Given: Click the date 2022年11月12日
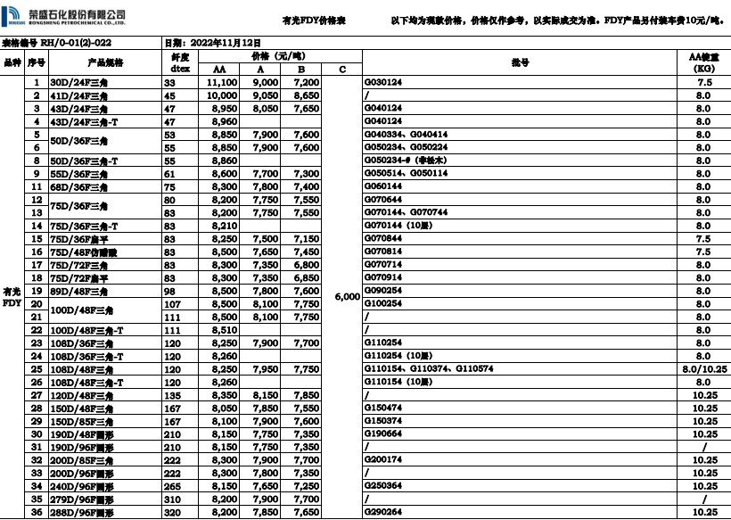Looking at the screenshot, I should coord(213,42).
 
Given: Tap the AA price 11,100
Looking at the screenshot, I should coord(222,82).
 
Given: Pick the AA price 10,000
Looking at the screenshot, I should coord(222,95).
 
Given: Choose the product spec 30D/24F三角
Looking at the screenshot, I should coord(81,82).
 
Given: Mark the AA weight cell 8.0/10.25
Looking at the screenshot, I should coord(703,369).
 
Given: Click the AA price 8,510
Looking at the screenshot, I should coord(223,330).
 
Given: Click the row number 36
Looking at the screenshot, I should coord(37,512).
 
